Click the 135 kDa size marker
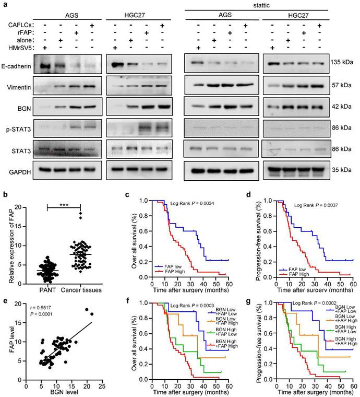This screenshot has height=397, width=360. tap(341, 62)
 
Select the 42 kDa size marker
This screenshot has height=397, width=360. tap(341, 104)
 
